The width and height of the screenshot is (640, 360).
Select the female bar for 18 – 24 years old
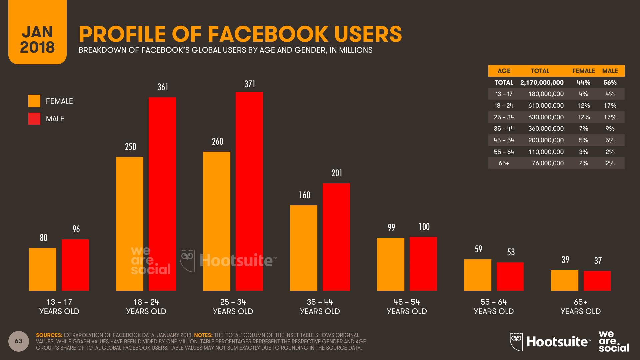pos(130,224)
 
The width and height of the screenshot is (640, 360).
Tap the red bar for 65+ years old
pos(597,281)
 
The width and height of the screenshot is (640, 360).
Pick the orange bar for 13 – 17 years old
pos(43,269)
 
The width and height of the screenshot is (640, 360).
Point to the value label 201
pos(337,173)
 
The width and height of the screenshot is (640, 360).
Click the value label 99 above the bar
pos(391,227)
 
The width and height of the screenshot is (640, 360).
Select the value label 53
pos(511,252)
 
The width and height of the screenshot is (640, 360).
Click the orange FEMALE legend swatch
pos(34,101)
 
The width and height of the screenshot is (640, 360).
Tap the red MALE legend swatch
pos(34,119)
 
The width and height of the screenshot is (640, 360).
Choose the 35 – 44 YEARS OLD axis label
pos(320,306)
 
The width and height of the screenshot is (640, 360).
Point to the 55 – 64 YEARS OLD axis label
pos(494,306)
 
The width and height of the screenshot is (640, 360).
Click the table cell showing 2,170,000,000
pos(542,82)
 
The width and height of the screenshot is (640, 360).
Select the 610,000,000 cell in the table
pos(546,106)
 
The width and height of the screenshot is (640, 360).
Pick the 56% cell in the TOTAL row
pos(610,82)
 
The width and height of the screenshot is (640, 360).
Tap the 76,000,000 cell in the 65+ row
pos(547,163)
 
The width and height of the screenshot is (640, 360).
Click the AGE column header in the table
pos(504,71)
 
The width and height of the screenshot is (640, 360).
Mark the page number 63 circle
pos(19,341)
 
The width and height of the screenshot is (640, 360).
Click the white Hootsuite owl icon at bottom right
pos(516,341)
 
